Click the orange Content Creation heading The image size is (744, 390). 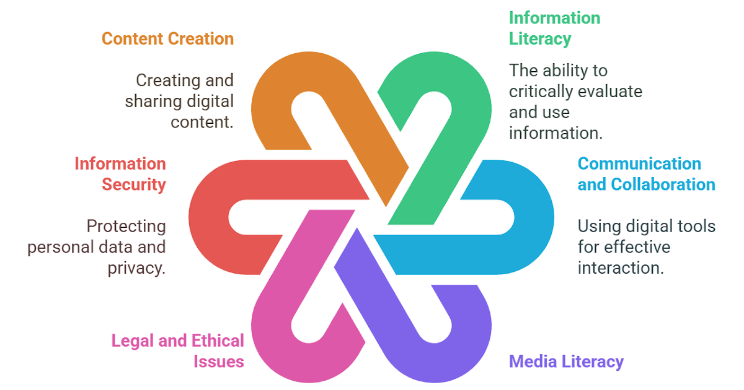[x=167, y=38]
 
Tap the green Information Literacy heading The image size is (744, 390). [x=554, y=28]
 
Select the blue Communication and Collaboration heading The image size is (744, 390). [x=646, y=174]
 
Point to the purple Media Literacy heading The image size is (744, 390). [x=566, y=361]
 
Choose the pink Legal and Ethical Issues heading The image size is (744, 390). [x=177, y=350]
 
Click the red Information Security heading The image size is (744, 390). [x=120, y=174]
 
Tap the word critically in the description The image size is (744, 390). [x=539, y=91]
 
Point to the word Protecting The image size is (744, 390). [x=126, y=227]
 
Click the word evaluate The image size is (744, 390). [x=609, y=91]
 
